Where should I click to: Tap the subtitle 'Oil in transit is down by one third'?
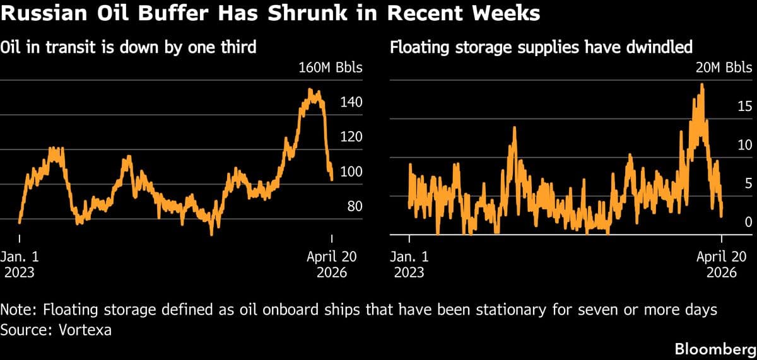(x=128, y=47)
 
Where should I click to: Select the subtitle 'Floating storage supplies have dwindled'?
(x=542, y=47)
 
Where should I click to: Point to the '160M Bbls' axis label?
(x=330, y=67)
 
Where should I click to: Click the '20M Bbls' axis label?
(x=723, y=67)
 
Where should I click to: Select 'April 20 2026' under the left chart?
(x=331, y=264)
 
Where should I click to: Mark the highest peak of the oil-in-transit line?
(x=310, y=90)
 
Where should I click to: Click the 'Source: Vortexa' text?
(x=57, y=330)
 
